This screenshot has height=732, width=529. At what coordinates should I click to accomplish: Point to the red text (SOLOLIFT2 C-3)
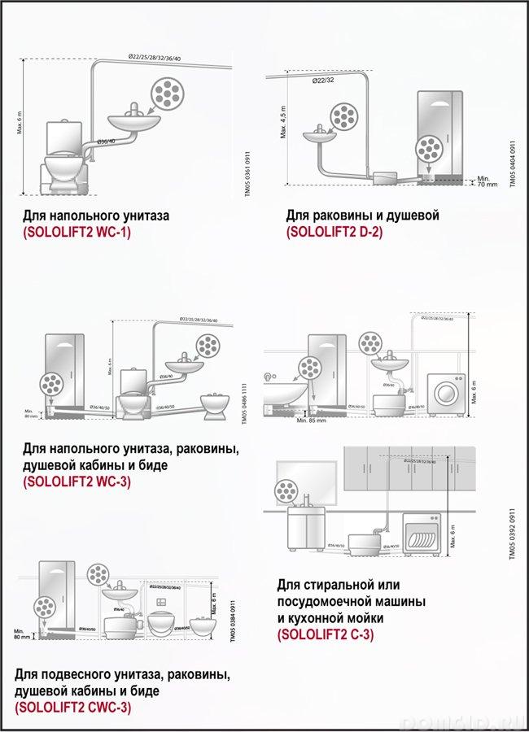326,634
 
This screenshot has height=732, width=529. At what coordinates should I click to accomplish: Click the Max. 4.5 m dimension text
283,122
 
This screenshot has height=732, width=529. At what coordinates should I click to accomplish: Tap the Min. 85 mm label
311,420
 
